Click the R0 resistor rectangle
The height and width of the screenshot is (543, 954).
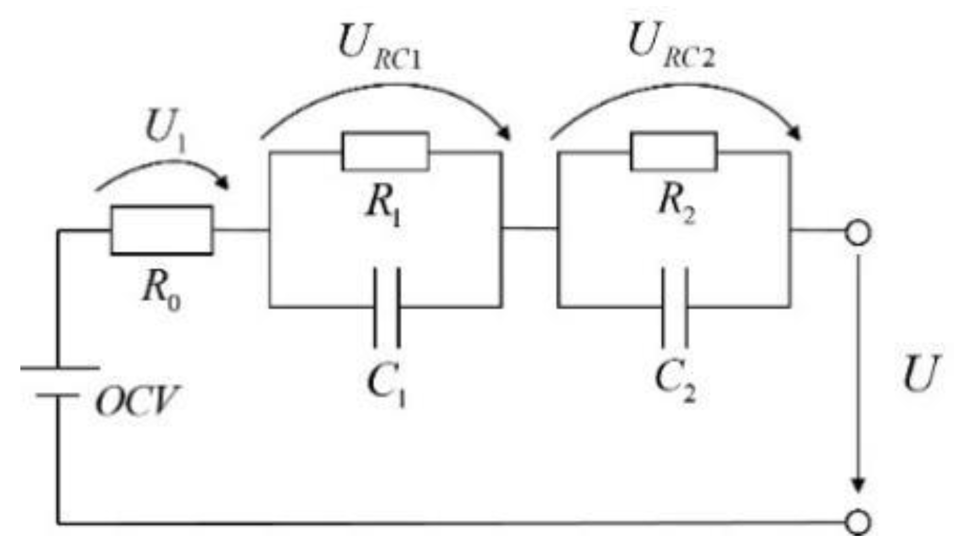coord(162,230)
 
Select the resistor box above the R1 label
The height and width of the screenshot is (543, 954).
coord(385,151)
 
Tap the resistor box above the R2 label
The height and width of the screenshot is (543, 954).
coord(673,151)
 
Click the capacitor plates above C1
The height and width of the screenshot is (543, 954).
coord(387,307)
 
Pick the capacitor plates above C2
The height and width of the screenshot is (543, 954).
coord(675,307)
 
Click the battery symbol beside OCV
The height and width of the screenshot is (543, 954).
coord(58,381)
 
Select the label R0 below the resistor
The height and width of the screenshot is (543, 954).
coord(161,290)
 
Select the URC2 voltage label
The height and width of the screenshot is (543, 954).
coord(670,45)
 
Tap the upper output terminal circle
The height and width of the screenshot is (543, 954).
coord(858,234)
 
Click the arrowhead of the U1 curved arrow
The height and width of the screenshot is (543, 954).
coord(223,182)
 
